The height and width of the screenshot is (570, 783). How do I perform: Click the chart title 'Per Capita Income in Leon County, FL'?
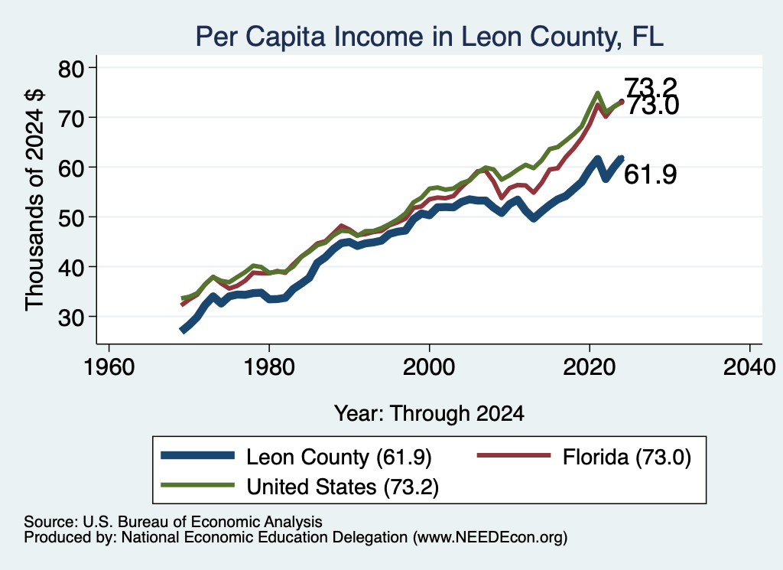coord(430,37)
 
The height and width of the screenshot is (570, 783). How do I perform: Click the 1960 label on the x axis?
coord(109,368)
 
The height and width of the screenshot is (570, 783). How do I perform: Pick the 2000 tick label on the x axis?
coord(429,368)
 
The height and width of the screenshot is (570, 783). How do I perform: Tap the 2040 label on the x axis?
coord(749,368)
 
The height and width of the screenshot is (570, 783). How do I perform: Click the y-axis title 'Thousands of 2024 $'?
coord(34,200)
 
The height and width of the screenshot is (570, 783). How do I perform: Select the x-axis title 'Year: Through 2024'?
coord(429,414)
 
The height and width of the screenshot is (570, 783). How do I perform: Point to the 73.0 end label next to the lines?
coord(653,106)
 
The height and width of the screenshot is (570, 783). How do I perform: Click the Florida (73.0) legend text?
coord(627,457)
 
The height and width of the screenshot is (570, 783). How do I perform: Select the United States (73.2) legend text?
coord(343,487)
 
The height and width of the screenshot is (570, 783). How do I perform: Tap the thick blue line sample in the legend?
coord(198,455)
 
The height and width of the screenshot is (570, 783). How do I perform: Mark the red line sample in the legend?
coord(515,455)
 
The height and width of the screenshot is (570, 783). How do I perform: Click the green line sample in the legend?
coord(198,484)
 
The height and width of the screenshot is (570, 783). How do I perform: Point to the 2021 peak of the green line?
coord(597,93)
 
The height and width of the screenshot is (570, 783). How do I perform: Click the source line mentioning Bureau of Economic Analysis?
coord(174,522)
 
